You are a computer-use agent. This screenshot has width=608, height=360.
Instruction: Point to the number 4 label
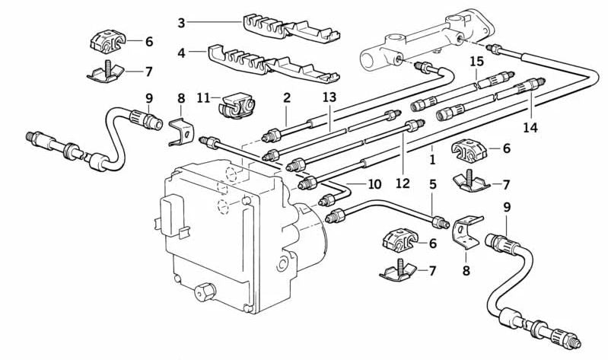(x=181, y=53)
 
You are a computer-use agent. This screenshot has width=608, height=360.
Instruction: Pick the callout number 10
(x=374, y=184)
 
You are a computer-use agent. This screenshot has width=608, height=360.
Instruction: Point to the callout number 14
(x=530, y=128)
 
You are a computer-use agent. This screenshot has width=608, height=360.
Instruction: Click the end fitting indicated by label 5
(x=440, y=223)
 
